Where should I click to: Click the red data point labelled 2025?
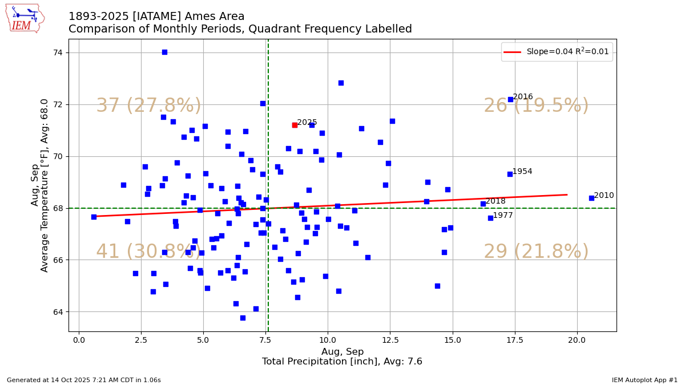click(x=295, y=125)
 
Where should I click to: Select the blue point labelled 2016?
click(x=510, y=99)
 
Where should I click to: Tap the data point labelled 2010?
click(x=591, y=198)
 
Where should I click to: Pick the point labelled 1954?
click(x=510, y=174)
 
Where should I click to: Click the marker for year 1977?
click(x=490, y=218)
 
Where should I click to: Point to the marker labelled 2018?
click(x=483, y=204)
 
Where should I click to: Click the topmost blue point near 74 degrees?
click(x=164, y=52)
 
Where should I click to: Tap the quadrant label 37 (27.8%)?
click(x=148, y=106)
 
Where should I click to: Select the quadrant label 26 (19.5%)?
click(x=536, y=106)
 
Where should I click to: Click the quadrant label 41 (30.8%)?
click(x=148, y=252)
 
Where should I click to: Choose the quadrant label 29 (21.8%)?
click(x=536, y=252)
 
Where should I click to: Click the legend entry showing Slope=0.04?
click(x=557, y=52)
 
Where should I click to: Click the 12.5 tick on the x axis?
click(x=390, y=339)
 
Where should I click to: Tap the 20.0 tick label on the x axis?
click(x=577, y=339)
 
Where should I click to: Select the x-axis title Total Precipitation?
click(x=342, y=362)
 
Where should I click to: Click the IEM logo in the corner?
click(x=25, y=18)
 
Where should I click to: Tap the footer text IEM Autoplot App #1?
click(x=644, y=380)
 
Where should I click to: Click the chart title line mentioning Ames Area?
click(x=156, y=17)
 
